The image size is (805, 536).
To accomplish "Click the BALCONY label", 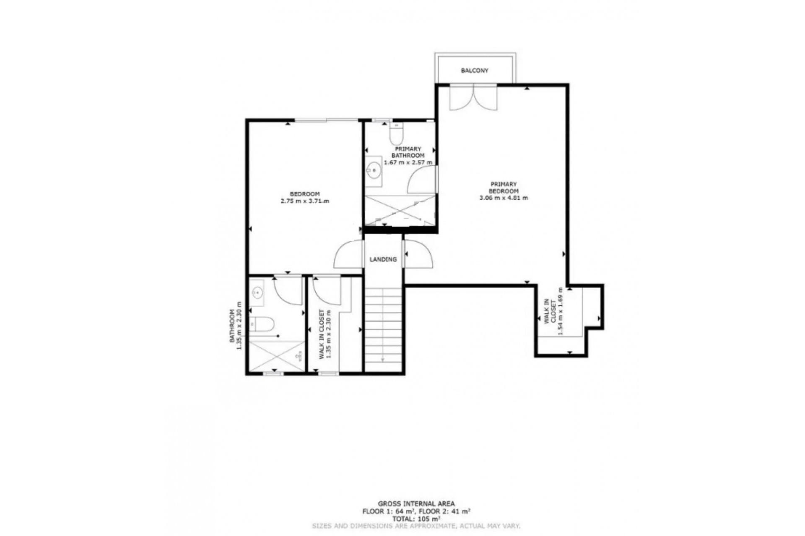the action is point(475,71).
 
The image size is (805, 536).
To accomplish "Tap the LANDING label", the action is point(383,260).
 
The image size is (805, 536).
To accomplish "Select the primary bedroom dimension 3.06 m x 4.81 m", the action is point(504,198).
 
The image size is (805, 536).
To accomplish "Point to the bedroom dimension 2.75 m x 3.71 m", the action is point(305,201).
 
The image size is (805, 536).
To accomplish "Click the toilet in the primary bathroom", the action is point(396,133).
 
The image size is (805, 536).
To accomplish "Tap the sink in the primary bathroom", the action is point(373,171).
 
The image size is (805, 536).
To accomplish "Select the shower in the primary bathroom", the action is point(400,211).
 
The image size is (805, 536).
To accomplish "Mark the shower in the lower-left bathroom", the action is point(277,356).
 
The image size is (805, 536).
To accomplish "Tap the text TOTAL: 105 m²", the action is point(416,519).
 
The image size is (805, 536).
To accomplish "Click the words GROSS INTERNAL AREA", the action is point(416,504).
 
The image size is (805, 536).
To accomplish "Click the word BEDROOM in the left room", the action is point(305,194).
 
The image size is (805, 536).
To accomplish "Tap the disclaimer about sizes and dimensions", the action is point(416,526).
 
